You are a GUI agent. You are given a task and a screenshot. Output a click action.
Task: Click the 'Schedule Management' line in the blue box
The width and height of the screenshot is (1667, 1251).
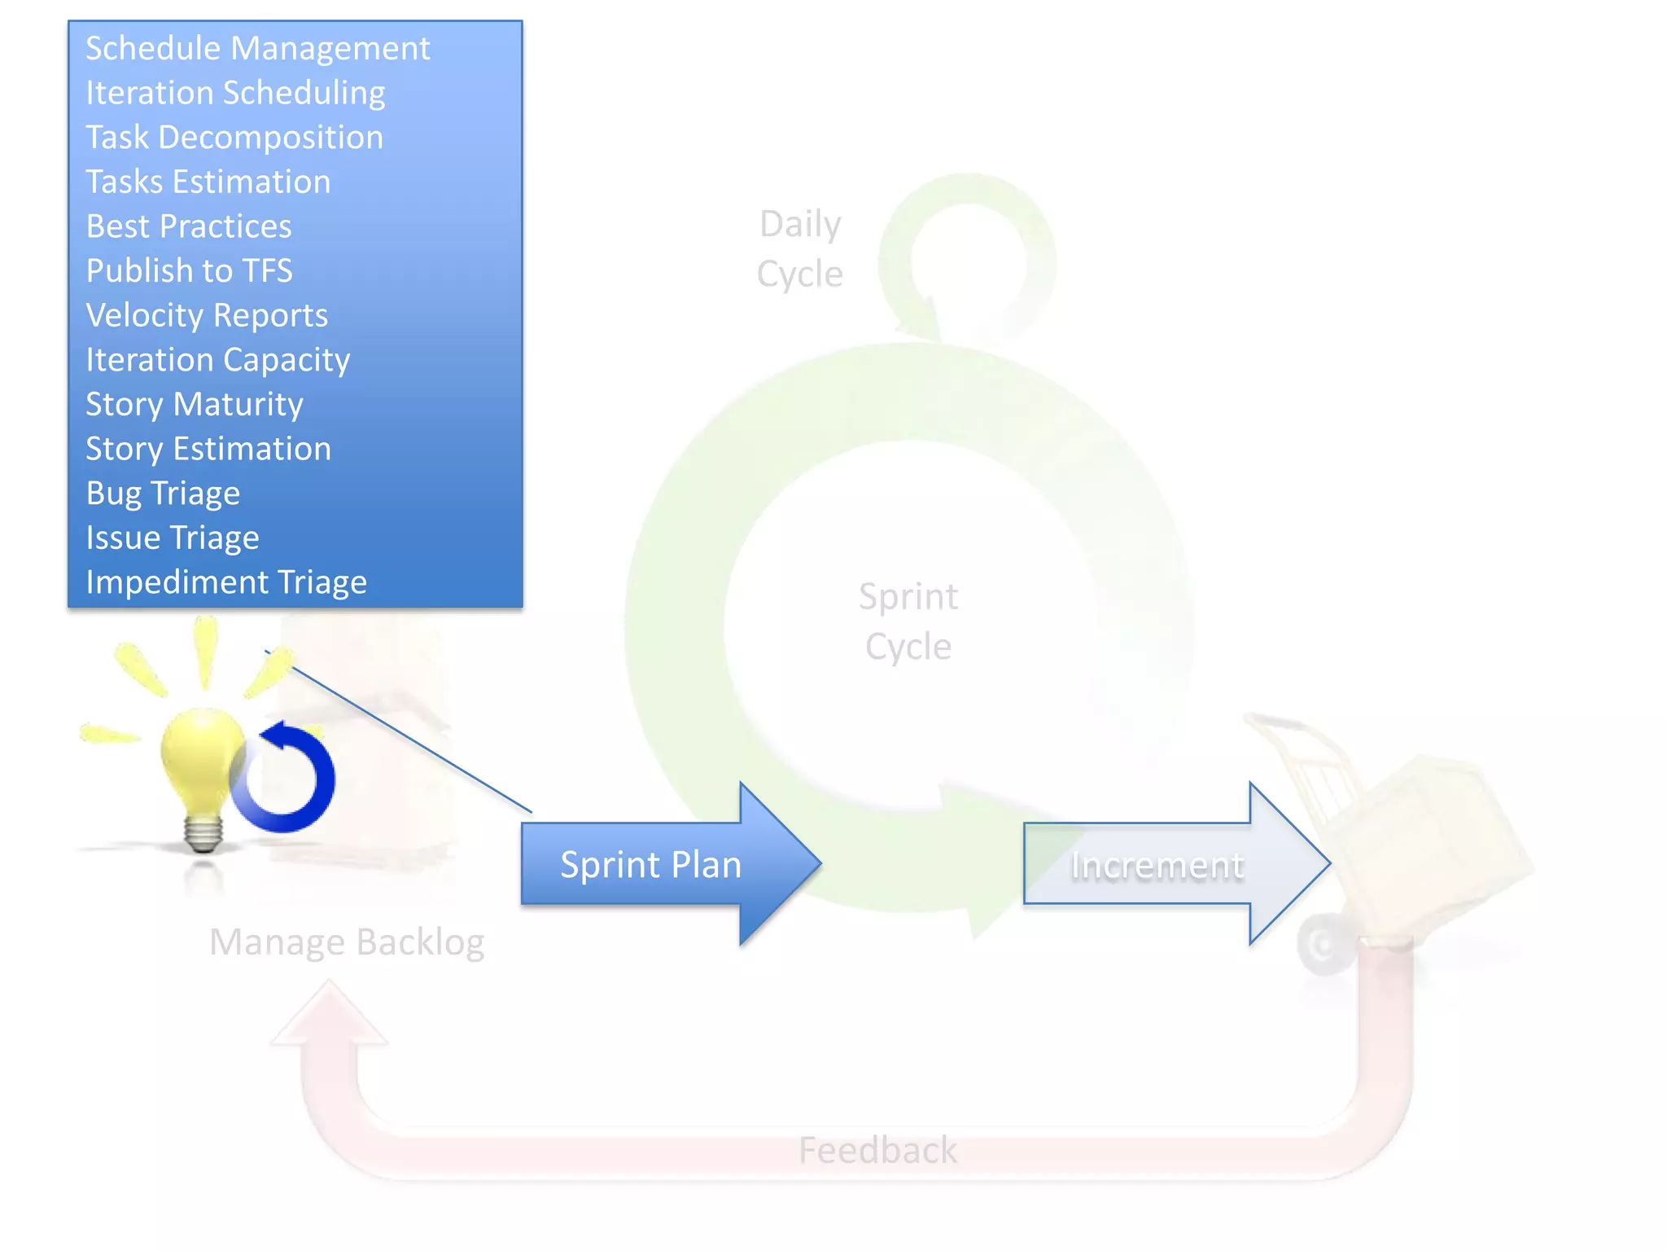tap(257, 49)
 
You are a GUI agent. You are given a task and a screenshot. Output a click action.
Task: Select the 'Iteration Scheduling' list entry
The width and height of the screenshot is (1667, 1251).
tap(235, 93)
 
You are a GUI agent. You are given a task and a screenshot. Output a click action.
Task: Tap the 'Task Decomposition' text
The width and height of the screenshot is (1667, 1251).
tap(234, 138)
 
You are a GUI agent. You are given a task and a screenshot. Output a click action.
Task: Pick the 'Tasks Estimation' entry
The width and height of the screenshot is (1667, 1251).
tap(208, 182)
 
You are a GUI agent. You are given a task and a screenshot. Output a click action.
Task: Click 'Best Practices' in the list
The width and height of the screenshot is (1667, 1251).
tap(189, 226)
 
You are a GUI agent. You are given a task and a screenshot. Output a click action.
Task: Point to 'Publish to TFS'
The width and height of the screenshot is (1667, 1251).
tap(189, 271)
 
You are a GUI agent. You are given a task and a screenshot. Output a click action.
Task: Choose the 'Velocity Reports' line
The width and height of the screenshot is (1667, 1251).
tap(207, 315)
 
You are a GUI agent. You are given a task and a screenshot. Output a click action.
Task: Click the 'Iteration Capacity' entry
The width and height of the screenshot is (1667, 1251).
tap(218, 360)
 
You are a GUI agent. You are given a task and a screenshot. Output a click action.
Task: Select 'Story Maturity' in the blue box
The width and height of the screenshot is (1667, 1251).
tap(195, 404)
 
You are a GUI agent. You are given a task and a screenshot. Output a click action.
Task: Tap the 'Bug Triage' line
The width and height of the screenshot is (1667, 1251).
tap(163, 494)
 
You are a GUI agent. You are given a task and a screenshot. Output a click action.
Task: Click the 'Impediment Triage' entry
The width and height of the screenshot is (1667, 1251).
tap(226, 582)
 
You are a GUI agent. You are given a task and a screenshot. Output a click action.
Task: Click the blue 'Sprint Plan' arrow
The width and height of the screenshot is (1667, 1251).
tap(651, 864)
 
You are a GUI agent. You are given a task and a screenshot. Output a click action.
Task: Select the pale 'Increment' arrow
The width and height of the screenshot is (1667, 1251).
tap(1157, 865)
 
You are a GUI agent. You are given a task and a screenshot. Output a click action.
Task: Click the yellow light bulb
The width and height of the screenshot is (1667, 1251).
tap(200, 757)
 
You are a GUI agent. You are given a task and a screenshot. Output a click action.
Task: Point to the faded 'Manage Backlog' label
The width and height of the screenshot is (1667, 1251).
tap(347, 942)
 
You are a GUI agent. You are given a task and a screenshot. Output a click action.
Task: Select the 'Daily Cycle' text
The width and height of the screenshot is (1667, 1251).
tap(799, 249)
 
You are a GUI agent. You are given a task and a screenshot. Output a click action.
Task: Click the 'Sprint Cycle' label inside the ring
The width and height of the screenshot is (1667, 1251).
tap(908, 621)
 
